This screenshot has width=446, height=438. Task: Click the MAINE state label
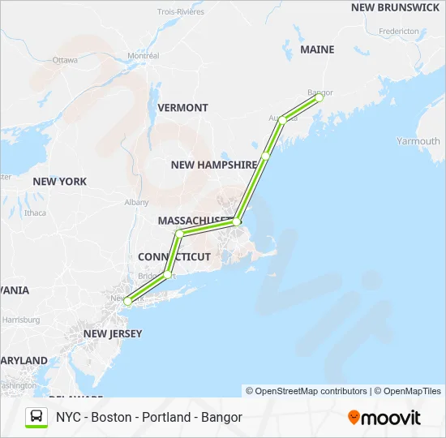click(x=317, y=49)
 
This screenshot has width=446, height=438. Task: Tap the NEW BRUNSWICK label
click(x=395, y=7)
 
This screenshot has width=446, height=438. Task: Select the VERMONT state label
click(x=182, y=107)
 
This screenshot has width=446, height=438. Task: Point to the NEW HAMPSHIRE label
click(x=214, y=165)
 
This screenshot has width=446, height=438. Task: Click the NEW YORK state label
click(x=60, y=181)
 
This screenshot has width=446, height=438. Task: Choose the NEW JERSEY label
click(x=113, y=333)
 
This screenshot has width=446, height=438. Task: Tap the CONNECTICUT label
click(x=174, y=256)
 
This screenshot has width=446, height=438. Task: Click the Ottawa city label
click(x=65, y=60)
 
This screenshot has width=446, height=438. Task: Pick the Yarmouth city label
click(x=418, y=141)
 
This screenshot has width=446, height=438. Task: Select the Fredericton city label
click(x=398, y=31)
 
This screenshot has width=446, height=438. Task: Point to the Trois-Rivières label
click(x=182, y=11)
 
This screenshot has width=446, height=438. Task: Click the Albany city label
click(x=136, y=202)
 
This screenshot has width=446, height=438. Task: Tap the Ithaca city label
click(x=36, y=213)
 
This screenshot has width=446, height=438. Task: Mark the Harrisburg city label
click(x=21, y=320)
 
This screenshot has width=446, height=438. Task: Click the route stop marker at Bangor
click(x=319, y=97)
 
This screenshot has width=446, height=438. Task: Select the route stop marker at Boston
click(x=237, y=221)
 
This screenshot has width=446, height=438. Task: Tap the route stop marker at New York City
click(x=127, y=302)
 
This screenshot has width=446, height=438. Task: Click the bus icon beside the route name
click(x=36, y=417)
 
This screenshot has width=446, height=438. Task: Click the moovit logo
click(x=384, y=418)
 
